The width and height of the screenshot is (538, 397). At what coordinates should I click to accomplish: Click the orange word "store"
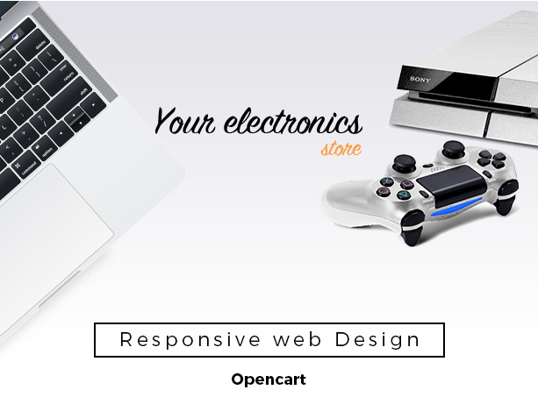click(x=341, y=149)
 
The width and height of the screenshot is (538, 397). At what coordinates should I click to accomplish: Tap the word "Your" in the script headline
click(x=184, y=121)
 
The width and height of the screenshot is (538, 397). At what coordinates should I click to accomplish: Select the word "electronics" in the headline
click(x=293, y=122)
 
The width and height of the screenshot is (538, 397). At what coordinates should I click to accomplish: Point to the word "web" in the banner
click(x=298, y=339)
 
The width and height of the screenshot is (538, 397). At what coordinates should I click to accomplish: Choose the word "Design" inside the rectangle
click(x=377, y=340)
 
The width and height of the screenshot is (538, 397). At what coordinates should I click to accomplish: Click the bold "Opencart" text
click(x=269, y=379)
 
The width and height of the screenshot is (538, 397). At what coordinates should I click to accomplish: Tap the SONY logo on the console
click(x=420, y=80)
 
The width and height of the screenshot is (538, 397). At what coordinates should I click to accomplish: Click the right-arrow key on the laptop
click(x=93, y=105)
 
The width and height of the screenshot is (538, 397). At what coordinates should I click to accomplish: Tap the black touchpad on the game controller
click(x=451, y=185)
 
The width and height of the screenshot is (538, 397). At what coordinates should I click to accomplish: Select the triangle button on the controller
click(x=404, y=195)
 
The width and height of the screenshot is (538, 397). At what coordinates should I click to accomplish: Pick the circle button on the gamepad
click(x=384, y=192)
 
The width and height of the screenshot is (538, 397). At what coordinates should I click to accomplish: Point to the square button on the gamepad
click(x=407, y=185)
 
